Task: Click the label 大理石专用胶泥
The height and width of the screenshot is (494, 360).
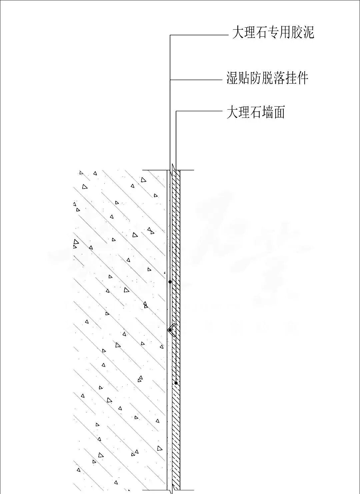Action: point(273,33)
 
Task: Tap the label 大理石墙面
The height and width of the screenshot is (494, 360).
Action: point(256,112)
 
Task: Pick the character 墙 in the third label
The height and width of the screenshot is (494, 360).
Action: point(268,112)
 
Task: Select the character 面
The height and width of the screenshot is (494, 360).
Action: point(279,112)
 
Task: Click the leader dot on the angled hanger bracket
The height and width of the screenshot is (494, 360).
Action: point(170,330)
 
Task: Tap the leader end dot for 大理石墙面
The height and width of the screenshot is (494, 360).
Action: point(176,383)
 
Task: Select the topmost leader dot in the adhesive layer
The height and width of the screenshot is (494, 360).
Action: point(170,282)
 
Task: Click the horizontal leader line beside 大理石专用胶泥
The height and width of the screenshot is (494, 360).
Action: point(198,35)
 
